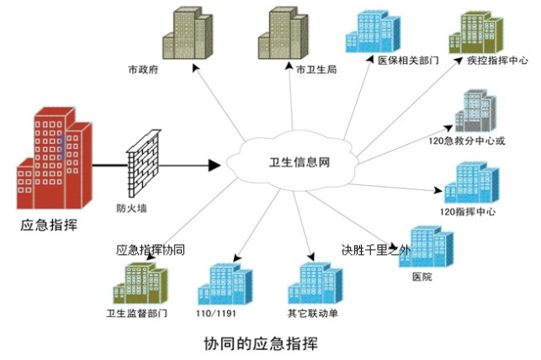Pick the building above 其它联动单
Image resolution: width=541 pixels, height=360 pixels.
[320, 284]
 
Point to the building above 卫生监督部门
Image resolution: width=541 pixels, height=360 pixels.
[136, 283]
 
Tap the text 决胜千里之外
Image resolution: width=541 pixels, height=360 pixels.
[374, 250]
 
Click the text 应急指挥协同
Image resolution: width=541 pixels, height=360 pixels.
[150, 250]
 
